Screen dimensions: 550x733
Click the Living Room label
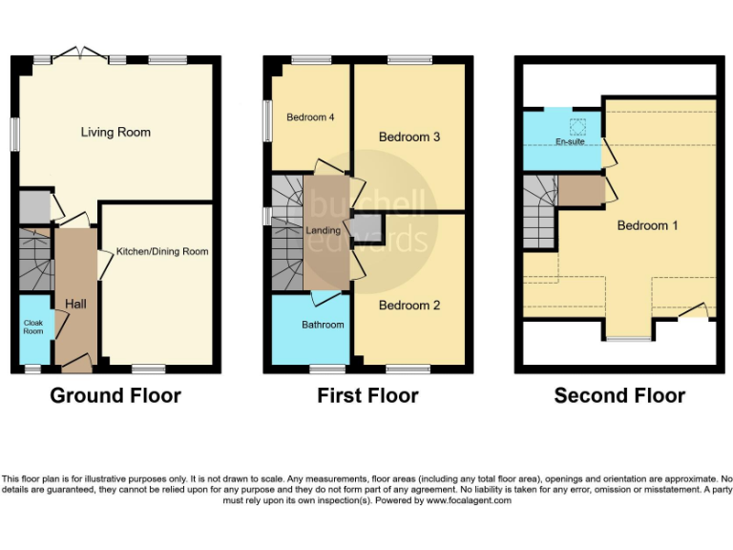tap(115, 132)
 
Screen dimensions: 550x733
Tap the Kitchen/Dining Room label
tap(162, 251)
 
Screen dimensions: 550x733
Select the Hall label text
tap(75, 304)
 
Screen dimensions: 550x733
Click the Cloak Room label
tap(33, 327)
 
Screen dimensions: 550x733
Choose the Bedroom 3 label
tap(409, 137)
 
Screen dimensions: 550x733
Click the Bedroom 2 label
tap(409, 306)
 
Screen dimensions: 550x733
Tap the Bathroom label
tap(323, 325)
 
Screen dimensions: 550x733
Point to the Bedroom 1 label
tap(647, 225)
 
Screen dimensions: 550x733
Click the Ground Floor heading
tap(115, 395)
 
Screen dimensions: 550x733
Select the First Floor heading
tap(367, 395)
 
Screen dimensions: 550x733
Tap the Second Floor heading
tap(619, 395)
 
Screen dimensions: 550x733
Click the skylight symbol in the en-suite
tap(576, 125)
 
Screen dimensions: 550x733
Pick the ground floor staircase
tap(34, 258)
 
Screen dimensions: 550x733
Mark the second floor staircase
tap(539, 211)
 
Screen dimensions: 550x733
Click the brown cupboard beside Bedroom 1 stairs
tap(579, 190)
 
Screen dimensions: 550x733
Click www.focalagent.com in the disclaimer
tap(469, 500)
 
